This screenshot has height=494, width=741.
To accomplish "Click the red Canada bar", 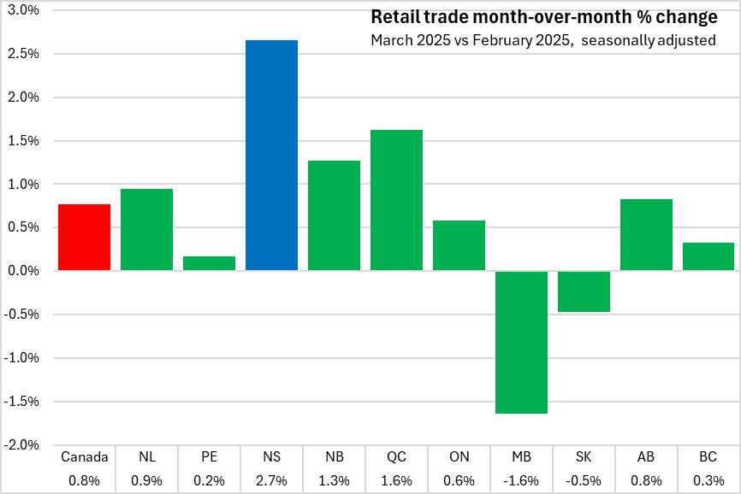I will click(x=84, y=238).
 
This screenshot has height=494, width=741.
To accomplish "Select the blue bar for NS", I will click(x=271, y=156).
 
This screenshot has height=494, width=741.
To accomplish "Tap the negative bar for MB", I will click(x=521, y=342).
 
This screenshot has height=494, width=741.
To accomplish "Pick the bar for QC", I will click(x=396, y=200).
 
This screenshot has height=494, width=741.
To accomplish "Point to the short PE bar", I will click(x=209, y=263).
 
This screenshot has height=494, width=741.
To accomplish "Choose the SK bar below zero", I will click(x=584, y=291).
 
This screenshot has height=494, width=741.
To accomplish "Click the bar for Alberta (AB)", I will click(x=646, y=235).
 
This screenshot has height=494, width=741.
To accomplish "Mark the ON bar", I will click(x=459, y=245).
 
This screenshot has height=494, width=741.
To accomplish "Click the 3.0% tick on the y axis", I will click(x=23, y=10).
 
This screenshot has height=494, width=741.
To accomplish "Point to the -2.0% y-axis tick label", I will click(x=21, y=444).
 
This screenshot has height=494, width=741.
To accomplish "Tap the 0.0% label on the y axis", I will click(x=23, y=271).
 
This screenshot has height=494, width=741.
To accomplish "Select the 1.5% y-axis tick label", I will click(x=23, y=140).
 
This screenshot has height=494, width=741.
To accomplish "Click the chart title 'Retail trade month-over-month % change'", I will click(x=543, y=18).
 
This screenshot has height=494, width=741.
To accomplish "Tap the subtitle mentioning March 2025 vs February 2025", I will click(x=543, y=40).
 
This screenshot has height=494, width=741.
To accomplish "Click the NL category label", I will click(x=146, y=458).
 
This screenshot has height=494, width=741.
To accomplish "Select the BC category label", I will click(x=708, y=458).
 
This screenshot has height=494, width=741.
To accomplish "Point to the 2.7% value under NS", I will click(x=271, y=480).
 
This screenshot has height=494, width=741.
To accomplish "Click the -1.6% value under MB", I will click(x=521, y=480).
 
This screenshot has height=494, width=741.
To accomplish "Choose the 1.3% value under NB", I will click(x=334, y=480).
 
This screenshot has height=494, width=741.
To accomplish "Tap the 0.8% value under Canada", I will click(x=84, y=480).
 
